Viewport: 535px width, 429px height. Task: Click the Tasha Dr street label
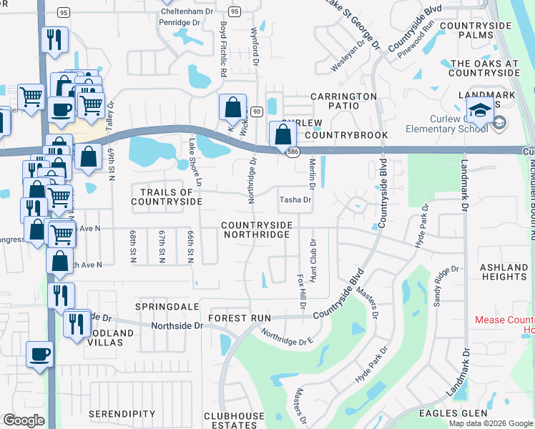295,200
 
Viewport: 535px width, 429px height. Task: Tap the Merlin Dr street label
313,174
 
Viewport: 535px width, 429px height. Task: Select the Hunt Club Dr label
313,267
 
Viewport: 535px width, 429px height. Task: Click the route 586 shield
294,152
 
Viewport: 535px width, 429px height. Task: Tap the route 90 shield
256,112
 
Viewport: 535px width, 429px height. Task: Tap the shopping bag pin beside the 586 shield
283,134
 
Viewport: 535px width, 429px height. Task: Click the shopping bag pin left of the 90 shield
232,108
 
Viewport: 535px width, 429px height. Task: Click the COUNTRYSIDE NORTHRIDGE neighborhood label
256,230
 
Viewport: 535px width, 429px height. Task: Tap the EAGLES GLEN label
501,413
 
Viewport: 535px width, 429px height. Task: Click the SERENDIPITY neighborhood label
122,414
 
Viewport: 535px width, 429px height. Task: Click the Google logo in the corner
24,420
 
